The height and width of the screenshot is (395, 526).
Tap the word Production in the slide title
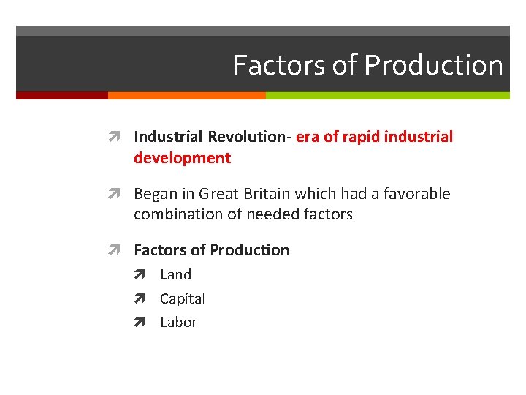click(433, 66)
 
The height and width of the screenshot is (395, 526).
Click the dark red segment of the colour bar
click(61, 95)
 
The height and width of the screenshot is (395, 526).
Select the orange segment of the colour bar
click(186, 95)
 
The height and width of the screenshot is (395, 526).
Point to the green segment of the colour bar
click(387, 95)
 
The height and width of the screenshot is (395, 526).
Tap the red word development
click(182, 158)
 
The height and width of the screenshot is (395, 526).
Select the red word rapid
click(360, 137)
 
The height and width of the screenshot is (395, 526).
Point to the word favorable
click(416, 194)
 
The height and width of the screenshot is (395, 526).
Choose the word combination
click(175, 214)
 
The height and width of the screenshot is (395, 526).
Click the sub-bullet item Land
click(175, 275)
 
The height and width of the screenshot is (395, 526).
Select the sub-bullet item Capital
click(182, 298)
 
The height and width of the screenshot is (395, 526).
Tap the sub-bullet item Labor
click(178, 323)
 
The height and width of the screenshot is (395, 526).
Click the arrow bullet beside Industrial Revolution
click(120, 137)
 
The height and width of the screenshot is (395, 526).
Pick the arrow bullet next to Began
click(120, 194)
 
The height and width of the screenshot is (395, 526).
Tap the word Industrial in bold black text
click(169, 137)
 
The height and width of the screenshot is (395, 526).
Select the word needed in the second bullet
click(276, 214)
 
